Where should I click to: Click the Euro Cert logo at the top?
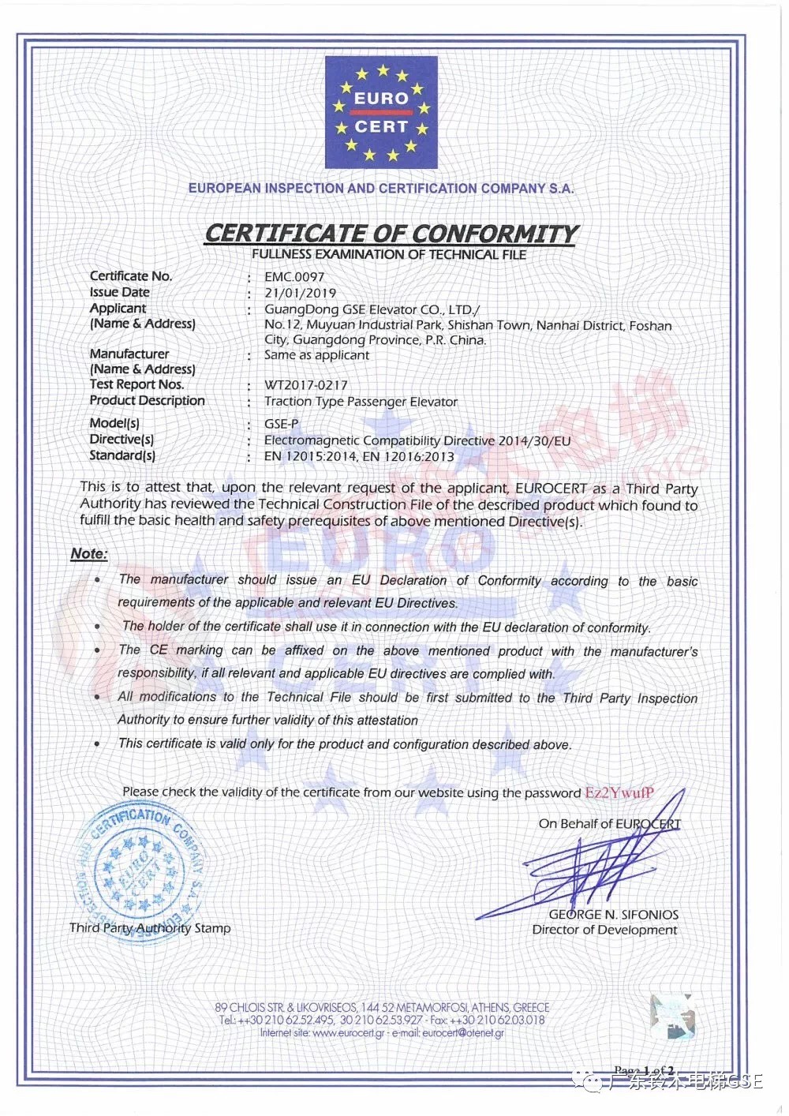point(381,113)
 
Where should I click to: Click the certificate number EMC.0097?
point(294,277)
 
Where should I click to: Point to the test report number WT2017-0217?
point(306,385)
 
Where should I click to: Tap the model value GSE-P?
point(282,424)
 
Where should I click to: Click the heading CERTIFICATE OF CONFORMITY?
point(391,234)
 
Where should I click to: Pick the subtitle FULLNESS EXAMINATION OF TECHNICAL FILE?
point(389,254)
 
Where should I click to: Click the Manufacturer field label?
point(129,354)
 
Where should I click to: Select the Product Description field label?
point(148,400)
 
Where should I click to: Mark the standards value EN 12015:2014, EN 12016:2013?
point(359,456)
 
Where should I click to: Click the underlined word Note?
point(88,553)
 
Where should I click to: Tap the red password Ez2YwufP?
point(619,792)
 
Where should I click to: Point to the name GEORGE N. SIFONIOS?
point(613,915)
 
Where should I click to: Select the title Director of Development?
point(604,930)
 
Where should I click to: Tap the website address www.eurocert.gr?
point(348,1033)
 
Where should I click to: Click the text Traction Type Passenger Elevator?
point(361,402)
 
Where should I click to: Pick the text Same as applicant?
point(316,355)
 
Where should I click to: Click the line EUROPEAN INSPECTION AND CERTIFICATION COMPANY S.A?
point(381,189)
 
